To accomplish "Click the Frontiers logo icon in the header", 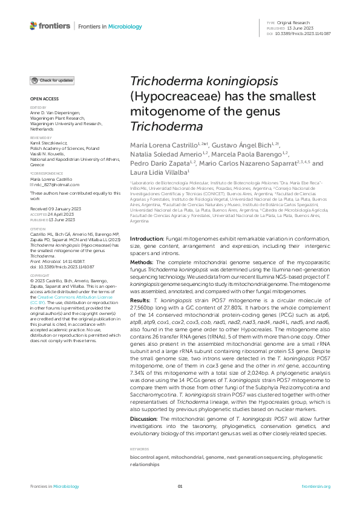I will click(x=33, y=26).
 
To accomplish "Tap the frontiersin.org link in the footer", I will click(x=316, y=487).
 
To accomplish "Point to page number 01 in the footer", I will click(x=180, y=487).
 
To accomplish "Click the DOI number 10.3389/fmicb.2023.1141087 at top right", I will click(x=303, y=33).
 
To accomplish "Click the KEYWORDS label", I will click(x=139, y=449).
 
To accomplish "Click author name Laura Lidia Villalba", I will click(x=162, y=172).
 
